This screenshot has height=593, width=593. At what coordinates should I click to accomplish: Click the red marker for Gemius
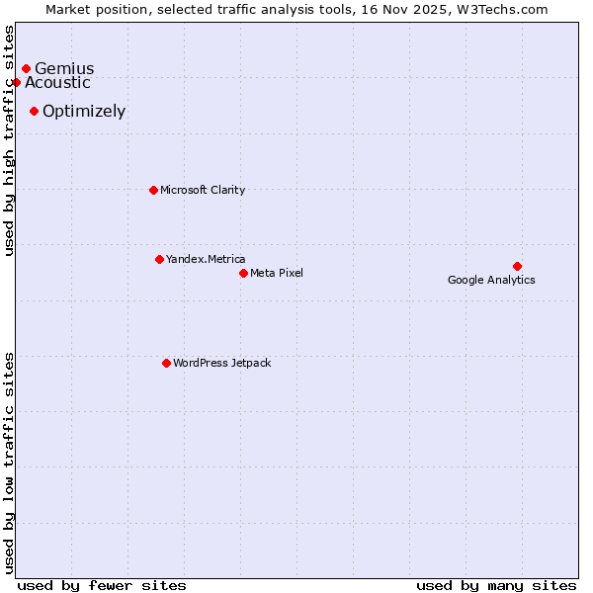(x=26, y=69)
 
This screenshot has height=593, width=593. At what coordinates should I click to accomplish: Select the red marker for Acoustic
(x=16, y=83)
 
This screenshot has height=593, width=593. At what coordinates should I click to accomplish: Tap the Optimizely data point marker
(x=34, y=112)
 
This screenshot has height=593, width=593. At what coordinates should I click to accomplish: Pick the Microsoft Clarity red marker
(x=153, y=190)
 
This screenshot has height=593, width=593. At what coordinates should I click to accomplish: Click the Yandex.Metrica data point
(x=159, y=259)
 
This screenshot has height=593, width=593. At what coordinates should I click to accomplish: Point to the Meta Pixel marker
(x=243, y=273)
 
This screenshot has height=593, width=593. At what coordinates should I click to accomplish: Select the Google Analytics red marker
(x=517, y=266)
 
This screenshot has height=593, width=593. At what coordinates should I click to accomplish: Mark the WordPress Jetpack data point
(x=166, y=363)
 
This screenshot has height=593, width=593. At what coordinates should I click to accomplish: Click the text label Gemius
(x=64, y=69)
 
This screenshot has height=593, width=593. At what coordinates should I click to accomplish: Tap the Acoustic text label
(x=57, y=83)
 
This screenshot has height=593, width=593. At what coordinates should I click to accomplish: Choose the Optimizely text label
(x=84, y=112)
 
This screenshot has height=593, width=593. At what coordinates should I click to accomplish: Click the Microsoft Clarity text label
(x=203, y=190)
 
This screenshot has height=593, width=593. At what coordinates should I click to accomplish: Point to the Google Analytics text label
(x=491, y=280)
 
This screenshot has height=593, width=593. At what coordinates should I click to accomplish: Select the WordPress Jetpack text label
(x=221, y=363)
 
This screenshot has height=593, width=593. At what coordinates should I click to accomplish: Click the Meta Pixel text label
(x=277, y=273)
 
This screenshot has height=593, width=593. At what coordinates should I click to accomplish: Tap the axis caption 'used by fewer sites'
(x=102, y=585)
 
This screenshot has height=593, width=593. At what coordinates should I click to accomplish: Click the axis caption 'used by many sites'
(x=496, y=585)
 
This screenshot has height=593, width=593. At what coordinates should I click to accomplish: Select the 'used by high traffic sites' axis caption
(x=9, y=140)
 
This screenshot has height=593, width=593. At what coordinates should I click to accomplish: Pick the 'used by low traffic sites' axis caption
(x=9, y=462)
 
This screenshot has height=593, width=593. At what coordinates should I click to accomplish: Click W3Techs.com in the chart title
(x=500, y=9)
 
